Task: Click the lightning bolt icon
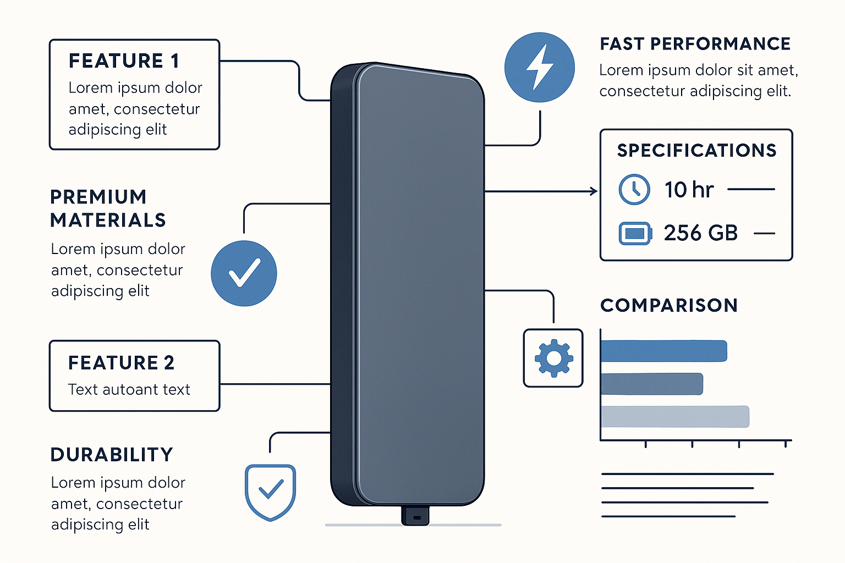[540, 67]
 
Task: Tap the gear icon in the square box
[553, 358]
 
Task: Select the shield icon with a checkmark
[270, 491]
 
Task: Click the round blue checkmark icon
[244, 273]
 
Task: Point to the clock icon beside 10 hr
[634, 190]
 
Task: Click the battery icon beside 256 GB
[635, 234]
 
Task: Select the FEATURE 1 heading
[124, 61]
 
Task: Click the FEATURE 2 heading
[121, 363]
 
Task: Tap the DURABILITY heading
[112, 455]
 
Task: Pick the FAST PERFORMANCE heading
[695, 44]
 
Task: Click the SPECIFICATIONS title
[696, 151]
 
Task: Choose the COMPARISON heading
[669, 305]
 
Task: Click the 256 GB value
[700, 233]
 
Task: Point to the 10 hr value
[689, 190]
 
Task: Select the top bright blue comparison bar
[663, 351]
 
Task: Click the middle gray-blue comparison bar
[652, 384]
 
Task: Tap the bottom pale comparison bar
[675, 416]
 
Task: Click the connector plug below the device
[415, 516]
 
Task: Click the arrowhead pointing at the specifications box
[594, 191]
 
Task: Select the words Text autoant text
[129, 389]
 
